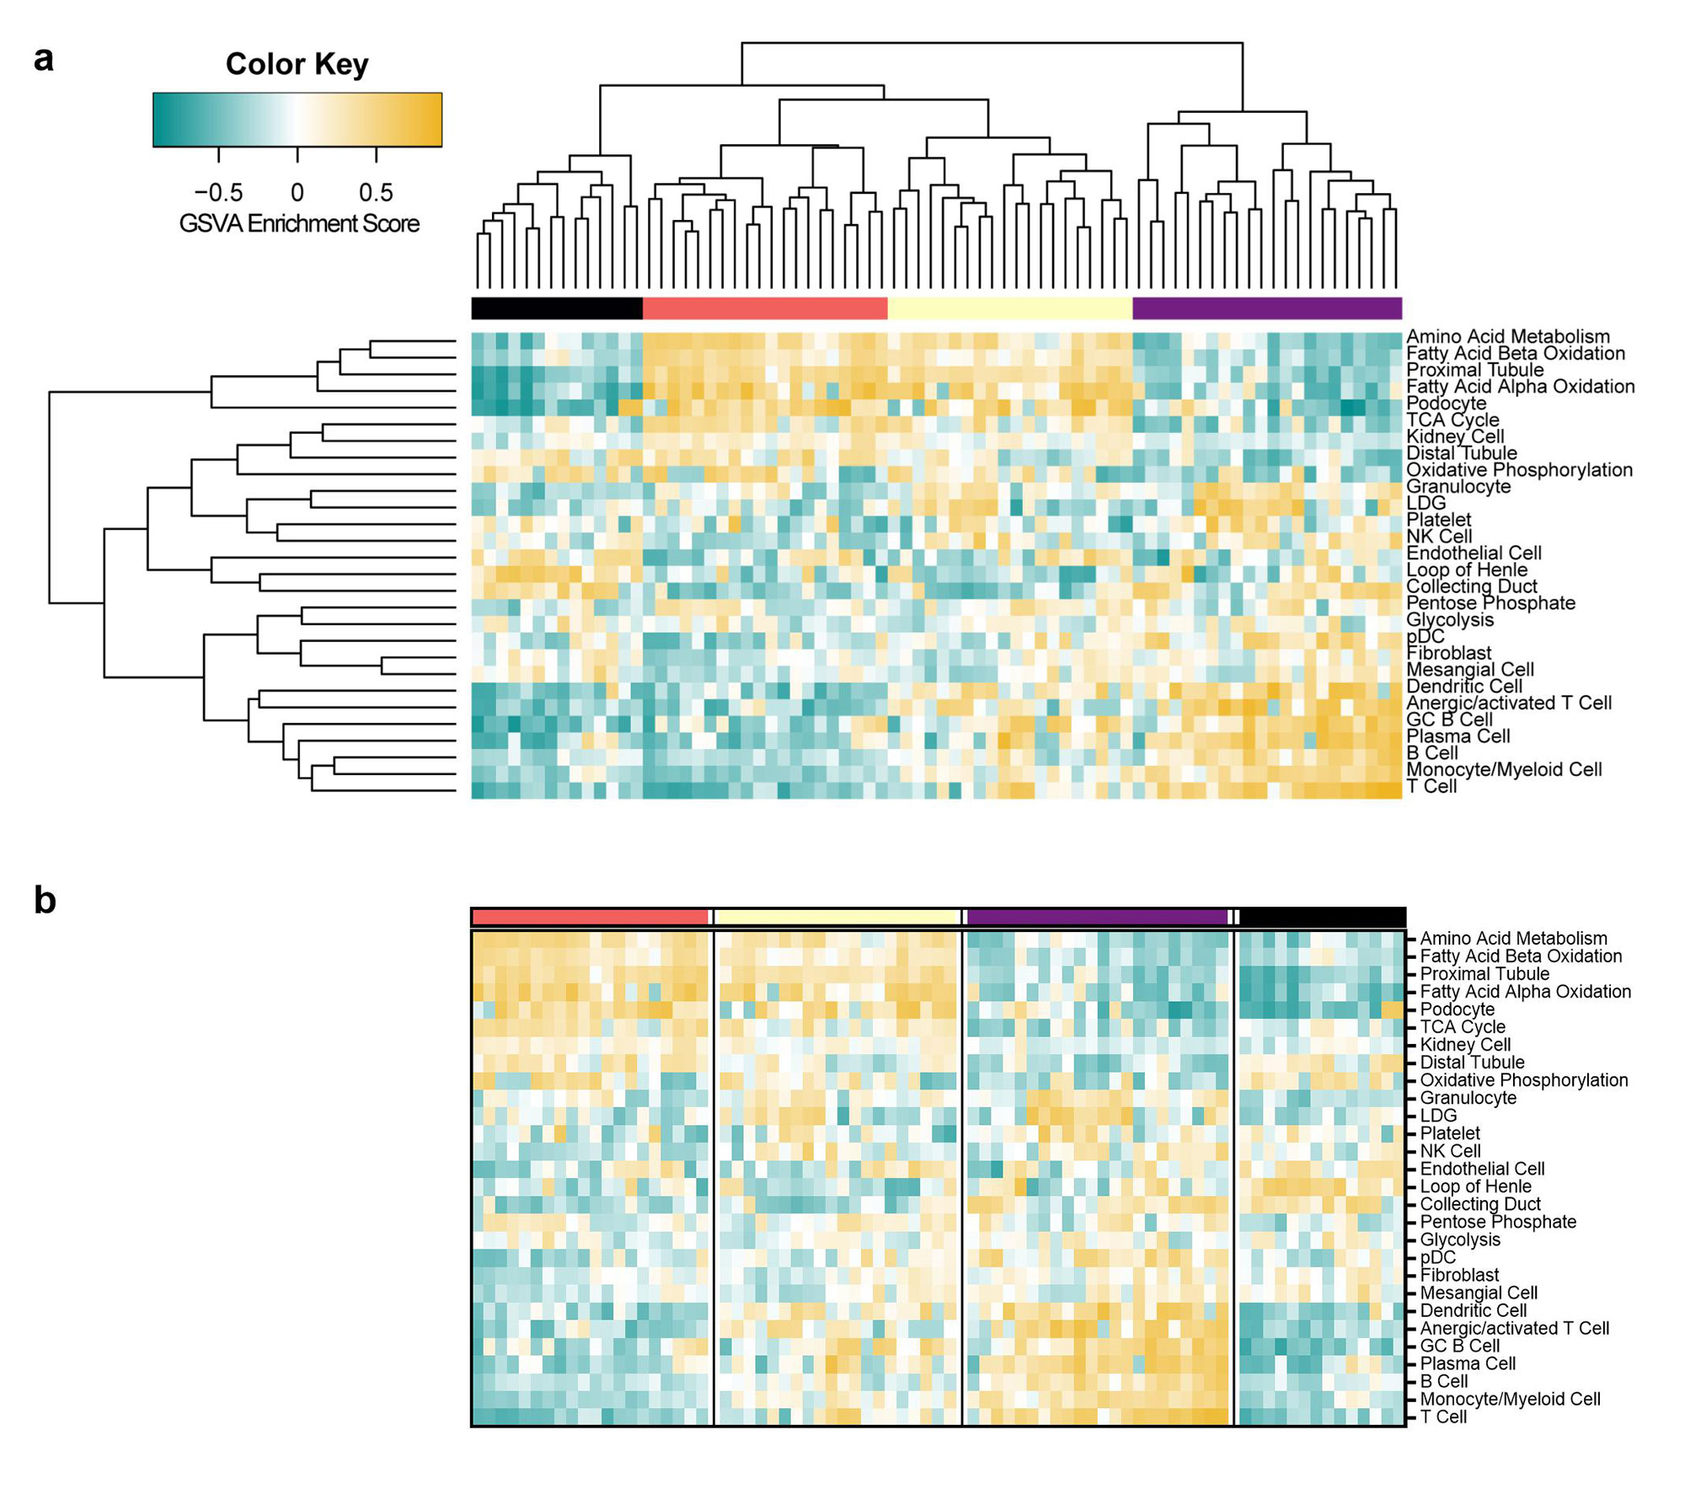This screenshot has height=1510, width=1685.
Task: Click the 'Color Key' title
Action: (297, 65)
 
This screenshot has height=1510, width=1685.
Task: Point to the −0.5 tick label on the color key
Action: (218, 193)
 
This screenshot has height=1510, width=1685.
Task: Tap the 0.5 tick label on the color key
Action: (376, 193)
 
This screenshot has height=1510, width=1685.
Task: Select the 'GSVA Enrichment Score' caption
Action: (299, 224)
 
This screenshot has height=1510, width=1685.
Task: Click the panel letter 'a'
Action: (44, 59)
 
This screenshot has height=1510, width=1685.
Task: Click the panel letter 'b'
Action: (45, 901)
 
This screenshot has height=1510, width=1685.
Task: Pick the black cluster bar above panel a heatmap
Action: (556, 308)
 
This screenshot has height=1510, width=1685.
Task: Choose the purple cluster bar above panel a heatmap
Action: (1266, 308)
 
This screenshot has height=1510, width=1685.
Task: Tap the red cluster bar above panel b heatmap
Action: (590, 917)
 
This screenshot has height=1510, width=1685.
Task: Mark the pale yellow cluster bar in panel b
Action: (837, 917)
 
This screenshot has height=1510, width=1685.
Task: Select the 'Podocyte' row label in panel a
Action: (1447, 404)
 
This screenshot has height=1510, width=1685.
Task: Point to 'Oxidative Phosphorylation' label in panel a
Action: (1519, 470)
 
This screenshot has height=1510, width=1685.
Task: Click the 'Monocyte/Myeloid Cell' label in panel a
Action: (1504, 769)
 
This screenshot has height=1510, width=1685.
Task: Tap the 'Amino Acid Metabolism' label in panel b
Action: (1513, 939)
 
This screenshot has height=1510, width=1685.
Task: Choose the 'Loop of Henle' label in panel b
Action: (1475, 1186)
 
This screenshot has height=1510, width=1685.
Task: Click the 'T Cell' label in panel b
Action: (1443, 1417)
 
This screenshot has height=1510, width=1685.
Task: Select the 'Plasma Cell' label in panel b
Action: (1468, 1364)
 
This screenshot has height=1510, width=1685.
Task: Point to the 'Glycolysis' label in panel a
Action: (1450, 620)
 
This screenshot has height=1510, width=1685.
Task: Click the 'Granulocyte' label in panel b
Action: (1468, 1098)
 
